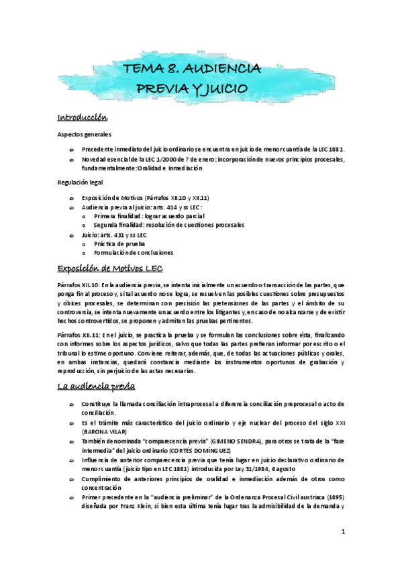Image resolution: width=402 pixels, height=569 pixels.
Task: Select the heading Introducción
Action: (83, 118)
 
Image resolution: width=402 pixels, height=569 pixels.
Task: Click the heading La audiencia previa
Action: (97, 387)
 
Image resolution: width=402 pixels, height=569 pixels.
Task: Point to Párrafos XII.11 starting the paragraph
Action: (77, 334)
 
